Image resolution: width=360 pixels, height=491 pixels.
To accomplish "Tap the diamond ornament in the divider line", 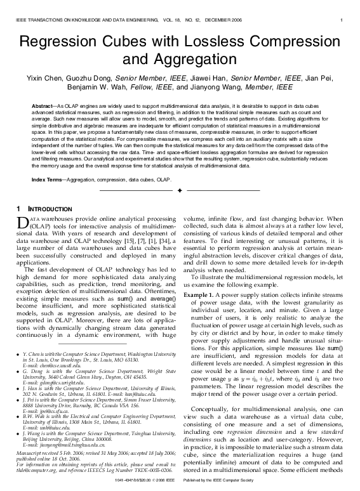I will pos(180,190).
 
